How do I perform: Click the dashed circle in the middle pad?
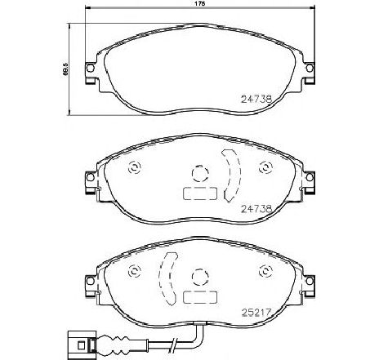198,174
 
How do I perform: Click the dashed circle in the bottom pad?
198,277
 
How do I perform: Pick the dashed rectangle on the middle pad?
198,195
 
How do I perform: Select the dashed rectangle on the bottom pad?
198,298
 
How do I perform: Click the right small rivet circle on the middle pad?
264,168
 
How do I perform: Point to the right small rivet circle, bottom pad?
264,272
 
